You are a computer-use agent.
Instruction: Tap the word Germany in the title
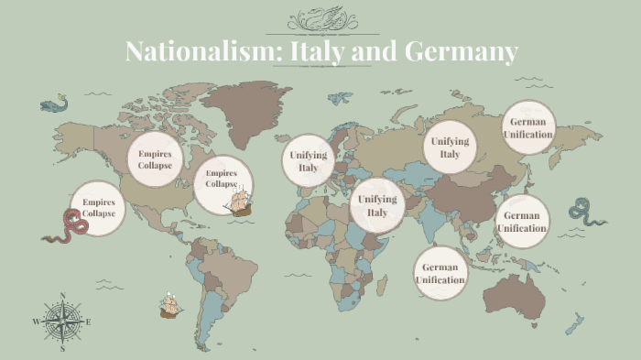tap(468, 52)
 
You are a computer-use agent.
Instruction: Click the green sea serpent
tap(586, 212)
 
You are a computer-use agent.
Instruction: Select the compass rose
tap(62, 322)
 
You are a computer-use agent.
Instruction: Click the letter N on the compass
tap(62, 296)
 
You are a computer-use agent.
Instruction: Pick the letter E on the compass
tap(88, 322)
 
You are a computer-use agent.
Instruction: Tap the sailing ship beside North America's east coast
tap(240, 202)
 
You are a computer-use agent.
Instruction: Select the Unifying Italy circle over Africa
tap(377, 205)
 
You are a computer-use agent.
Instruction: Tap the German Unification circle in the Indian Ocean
tap(440, 273)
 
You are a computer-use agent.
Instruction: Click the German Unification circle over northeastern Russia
tap(528, 127)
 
